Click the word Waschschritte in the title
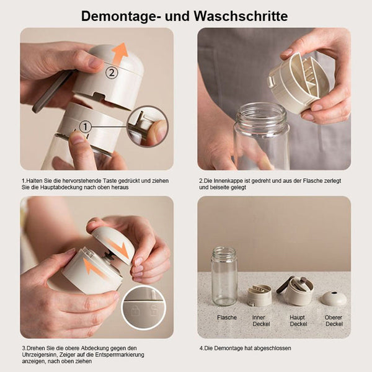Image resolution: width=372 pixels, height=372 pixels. pos(241,16)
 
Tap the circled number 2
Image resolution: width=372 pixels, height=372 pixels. pos(112,73)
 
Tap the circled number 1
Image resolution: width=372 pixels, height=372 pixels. pos(86,126)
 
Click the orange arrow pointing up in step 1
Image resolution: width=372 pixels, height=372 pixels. pos(120,54)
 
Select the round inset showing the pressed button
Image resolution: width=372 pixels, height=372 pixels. pos(148,126)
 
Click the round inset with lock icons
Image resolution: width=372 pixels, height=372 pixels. pos(144,308)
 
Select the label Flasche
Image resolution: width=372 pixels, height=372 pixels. pos(227,317)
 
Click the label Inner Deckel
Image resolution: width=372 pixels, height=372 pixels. pos(261,321)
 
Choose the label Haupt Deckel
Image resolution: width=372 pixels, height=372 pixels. pos(298,321)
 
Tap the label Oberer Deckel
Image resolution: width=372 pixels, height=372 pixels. pos(334,321)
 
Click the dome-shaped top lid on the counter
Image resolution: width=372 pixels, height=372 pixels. pos(334,298)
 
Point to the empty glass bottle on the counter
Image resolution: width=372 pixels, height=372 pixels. pos(224,277)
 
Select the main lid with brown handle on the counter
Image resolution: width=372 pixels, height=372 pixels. pos(296,291)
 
